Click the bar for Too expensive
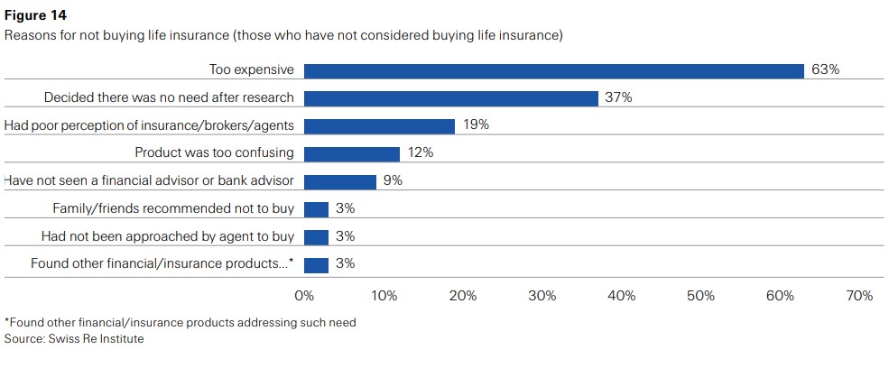coord(553,70)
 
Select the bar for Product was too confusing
coord(351,153)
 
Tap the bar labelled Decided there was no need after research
coord(450,98)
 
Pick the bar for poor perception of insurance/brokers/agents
coord(379,125)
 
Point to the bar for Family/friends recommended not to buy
coord(316,209)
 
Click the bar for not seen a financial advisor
coord(339,181)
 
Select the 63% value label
coord(825,70)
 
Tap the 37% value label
coord(618,98)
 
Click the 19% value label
coord(476,125)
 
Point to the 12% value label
coord(421,153)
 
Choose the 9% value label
coord(393,181)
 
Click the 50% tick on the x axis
coord(700,296)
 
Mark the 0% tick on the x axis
coord(304,296)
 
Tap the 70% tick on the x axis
coord(859,296)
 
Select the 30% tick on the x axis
coord(542,296)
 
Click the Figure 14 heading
coord(35,15)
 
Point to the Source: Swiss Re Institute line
coord(74,339)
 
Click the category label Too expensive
coord(252,70)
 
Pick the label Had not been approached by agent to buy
coord(168,237)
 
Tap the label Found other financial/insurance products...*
coord(162,264)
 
